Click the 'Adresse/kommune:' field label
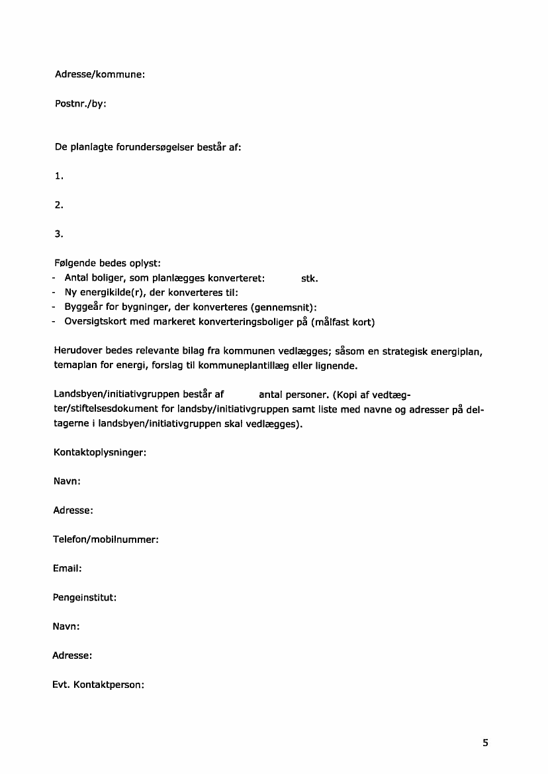(x=99, y=75)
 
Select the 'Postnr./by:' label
(x=80, y=104)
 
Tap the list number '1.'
(x=59, y=176)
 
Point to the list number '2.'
(x=59, y=205)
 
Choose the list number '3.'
(x=59, y=234)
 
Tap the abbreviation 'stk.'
(x=310, y=278)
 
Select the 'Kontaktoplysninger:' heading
(x=99, y=453)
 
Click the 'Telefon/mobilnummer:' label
(x=106, y=540)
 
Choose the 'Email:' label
(x=67, y=569)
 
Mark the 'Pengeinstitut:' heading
(x=85, y=597)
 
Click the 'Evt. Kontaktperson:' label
(x=99, y=685)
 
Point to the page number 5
(x=485, y=743)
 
